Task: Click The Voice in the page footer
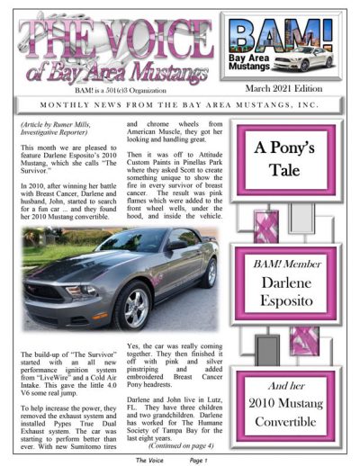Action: click(x=149, y=459)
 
